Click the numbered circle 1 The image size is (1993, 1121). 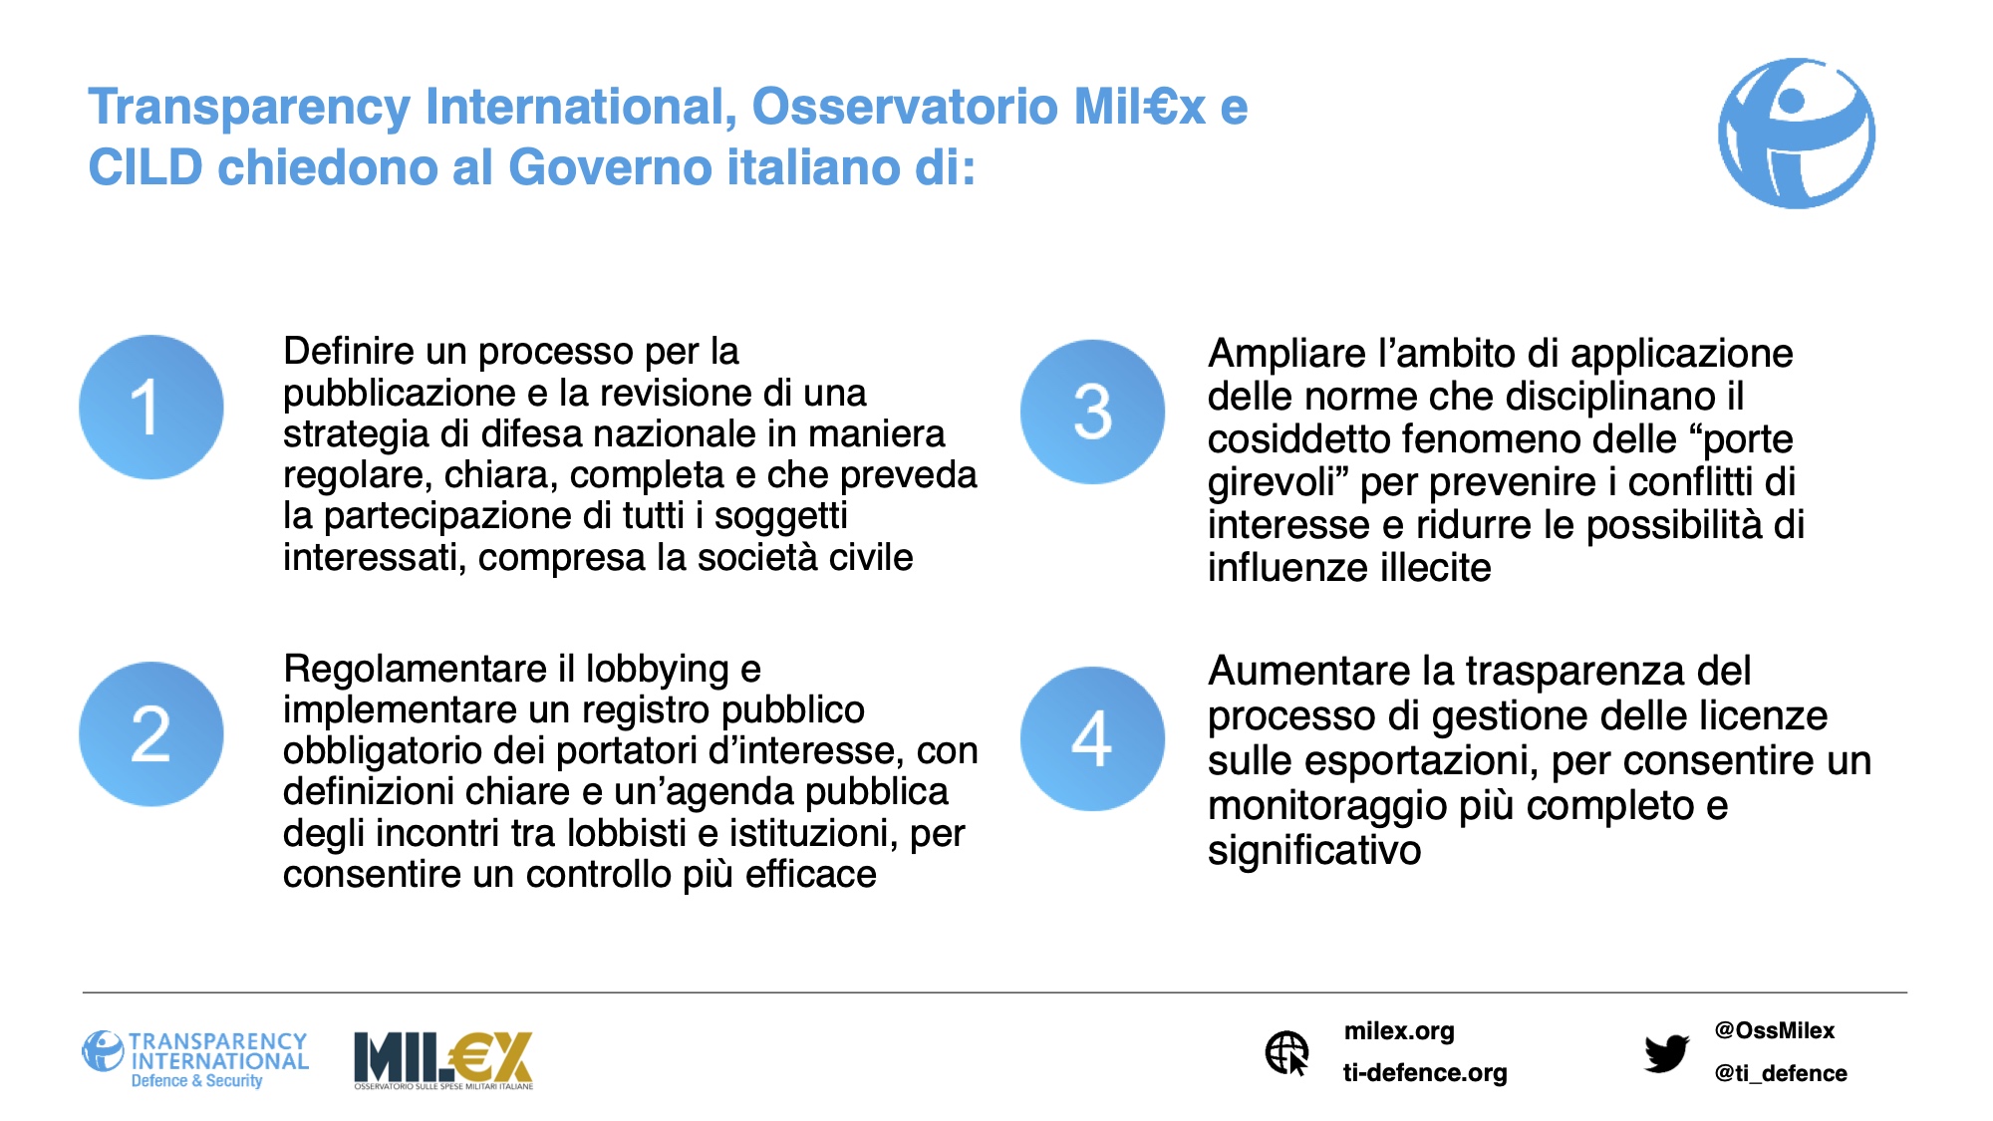pyautogui.click(x=151, y=407)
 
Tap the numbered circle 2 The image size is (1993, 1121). pyautogui.click(x=151, y=734)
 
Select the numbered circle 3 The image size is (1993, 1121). pyautogui.click(x=1093, y=412)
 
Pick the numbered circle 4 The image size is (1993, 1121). pyautogui.click(x=1093, y=738)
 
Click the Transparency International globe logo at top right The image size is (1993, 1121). pyautogui.click(x=1797, y=134)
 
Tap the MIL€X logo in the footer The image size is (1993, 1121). pyautogui.click(x=443, y=1060)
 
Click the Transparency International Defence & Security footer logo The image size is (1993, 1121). pyautogui.click(x=195, y=1060)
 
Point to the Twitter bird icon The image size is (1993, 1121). pyautogui.click(x=1666, y=1053)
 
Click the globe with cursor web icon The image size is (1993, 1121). pyautogui.click(x=1287, y=1053)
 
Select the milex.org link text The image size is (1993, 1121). pyautogui.click(x=1399, y=1031)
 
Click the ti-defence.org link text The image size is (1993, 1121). pyautogui.click(x=1425, y=1073)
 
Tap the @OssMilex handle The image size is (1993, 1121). pyautogui.click(x=1775, y=1030)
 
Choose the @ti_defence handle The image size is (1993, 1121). pyautogui.click(x=1781, y=1073)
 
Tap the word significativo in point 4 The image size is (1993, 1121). pyautogui.click(x=1314, y=850)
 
